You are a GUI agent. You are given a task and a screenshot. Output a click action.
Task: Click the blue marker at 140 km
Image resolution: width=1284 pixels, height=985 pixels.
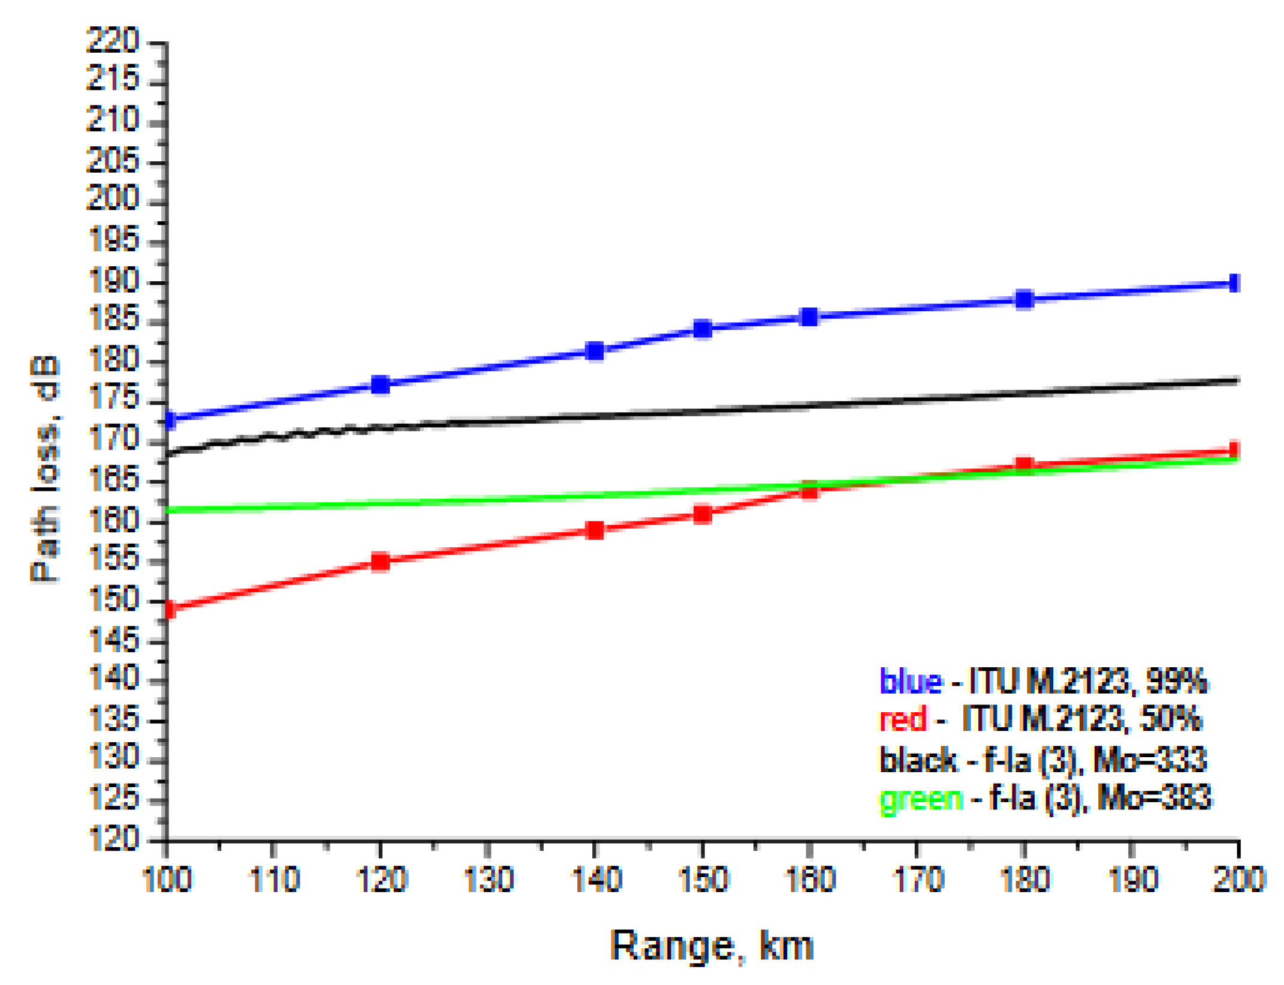(595, 351)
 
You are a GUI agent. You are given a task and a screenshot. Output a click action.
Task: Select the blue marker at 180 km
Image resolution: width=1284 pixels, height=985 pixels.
(1024, 299)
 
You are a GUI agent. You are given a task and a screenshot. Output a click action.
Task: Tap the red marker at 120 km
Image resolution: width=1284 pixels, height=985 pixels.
(380, 562)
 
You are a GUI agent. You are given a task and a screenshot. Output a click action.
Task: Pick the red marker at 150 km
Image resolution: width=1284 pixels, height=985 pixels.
(703, 514)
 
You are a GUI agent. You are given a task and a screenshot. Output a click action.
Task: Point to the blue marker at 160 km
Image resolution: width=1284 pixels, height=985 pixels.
(809, 317)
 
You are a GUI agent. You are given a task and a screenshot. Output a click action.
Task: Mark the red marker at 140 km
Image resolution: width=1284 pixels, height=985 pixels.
(595, 530)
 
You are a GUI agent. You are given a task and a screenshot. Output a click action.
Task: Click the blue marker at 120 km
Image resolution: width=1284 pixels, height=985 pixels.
(380, 385)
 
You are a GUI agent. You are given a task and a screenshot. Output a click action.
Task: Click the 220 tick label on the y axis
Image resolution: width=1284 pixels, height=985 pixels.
(112, 41)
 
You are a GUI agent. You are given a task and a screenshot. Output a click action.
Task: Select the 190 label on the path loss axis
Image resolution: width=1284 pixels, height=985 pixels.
(112, 281)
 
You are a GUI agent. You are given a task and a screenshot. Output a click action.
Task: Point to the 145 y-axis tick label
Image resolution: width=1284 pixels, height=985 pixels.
(112, 640)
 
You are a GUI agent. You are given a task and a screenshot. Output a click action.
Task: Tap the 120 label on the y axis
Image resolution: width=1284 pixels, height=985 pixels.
(112, 839)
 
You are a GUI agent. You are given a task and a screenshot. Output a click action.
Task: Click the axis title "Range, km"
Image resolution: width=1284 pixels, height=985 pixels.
(711, 946)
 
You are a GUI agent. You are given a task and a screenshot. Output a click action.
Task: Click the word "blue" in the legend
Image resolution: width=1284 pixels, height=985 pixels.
(910, 681)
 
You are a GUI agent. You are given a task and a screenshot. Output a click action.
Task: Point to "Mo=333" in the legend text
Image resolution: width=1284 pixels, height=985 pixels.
(1150, 760)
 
